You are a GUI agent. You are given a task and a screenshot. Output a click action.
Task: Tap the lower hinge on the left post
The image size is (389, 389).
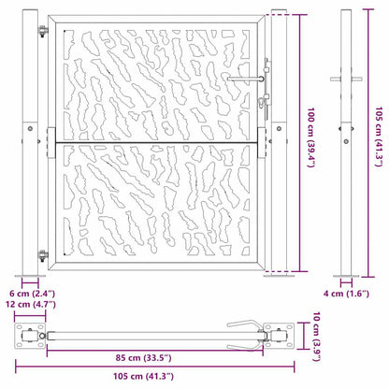click(x=41, y=255)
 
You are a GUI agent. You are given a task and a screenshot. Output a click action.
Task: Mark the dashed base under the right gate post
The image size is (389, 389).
click(x=280, y=278)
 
